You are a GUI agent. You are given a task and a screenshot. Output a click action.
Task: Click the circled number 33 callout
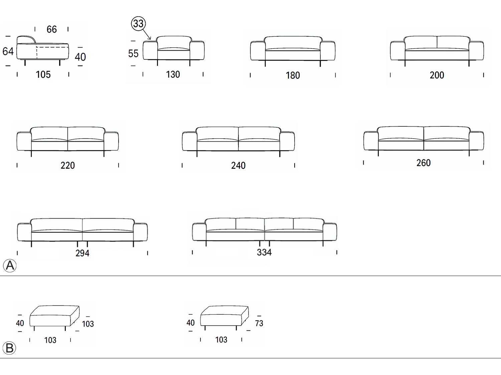(x=138, y=23)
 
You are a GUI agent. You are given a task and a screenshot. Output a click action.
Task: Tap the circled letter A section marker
(x=10, y=265)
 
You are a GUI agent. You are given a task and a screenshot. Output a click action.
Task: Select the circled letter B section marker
(x=9, y=348)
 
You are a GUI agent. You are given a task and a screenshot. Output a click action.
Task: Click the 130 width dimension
(x=173, y=74)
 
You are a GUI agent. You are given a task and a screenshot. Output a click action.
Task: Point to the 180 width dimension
(x=293, y=75)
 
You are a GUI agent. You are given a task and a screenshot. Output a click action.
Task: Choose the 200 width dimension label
(x=437, y=75)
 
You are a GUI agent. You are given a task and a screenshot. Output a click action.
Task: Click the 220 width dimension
(x=67, y=165)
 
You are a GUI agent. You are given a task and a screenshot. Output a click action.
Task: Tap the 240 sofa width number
(x=238, y=166)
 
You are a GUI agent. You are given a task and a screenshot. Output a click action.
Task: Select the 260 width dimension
(x=424, y=163)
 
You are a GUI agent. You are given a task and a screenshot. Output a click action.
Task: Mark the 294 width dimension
(x=82, y=253)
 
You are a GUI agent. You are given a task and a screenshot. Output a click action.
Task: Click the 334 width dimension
(x=264, y=252)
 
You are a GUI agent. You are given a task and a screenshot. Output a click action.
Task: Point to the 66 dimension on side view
(x=51, y=29)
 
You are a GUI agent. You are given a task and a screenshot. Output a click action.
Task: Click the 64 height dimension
(x=8, y=51)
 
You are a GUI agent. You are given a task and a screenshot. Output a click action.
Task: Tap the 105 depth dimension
(x=43, y=74)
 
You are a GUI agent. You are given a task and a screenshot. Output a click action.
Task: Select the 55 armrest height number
(x=133, y=54)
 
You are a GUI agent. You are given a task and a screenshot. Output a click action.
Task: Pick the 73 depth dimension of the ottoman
(x=259, y=323)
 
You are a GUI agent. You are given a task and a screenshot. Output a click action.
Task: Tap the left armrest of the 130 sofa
(x=150, y=50)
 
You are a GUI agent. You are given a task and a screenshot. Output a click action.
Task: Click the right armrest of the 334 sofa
(x=330, y=232)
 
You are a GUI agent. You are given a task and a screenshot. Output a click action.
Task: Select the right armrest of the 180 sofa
(x=328, y=51)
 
